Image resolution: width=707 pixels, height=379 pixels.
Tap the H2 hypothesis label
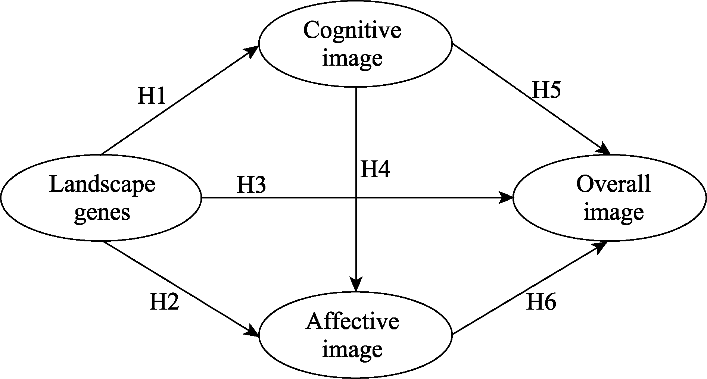[164, 302]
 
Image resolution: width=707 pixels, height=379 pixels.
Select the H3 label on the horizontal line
[251, 185]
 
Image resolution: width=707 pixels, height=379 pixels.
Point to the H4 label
[375, 169]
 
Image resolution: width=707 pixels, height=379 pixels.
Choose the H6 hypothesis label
[541, 302]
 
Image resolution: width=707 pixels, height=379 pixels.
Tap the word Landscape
[102, 185]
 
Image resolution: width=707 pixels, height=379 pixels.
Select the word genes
[102, 213]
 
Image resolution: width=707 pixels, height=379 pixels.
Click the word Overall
[613, 184]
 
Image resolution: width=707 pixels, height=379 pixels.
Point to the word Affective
[352, 322]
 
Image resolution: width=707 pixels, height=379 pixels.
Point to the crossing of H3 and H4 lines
[357, 198]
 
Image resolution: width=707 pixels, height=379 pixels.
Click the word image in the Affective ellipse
[352, 350]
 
